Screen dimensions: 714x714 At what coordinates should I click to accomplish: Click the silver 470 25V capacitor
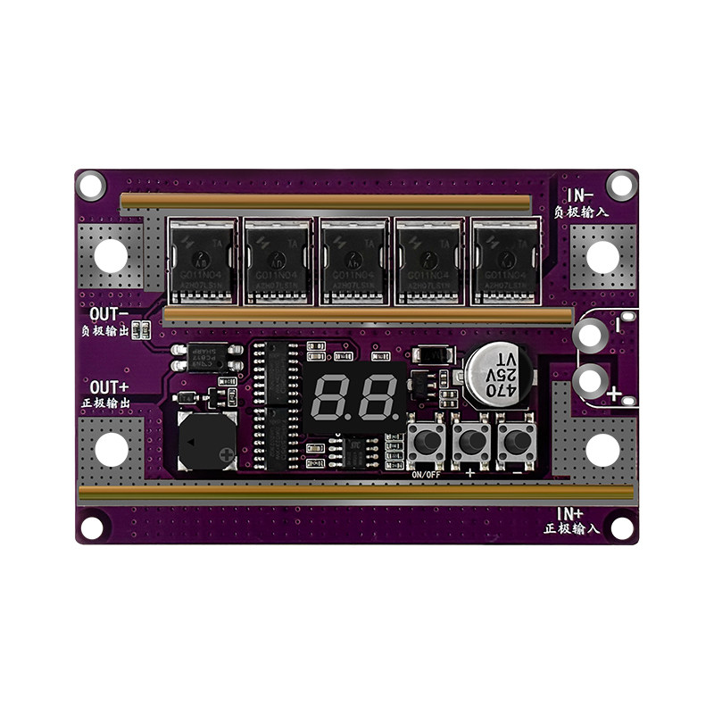tap(493, 371)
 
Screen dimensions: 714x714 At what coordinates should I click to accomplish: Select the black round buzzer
tap(205, 443)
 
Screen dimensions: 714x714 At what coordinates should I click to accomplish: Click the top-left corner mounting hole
tap(91, 186)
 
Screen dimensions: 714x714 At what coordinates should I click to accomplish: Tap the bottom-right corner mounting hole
tap(621, 529)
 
